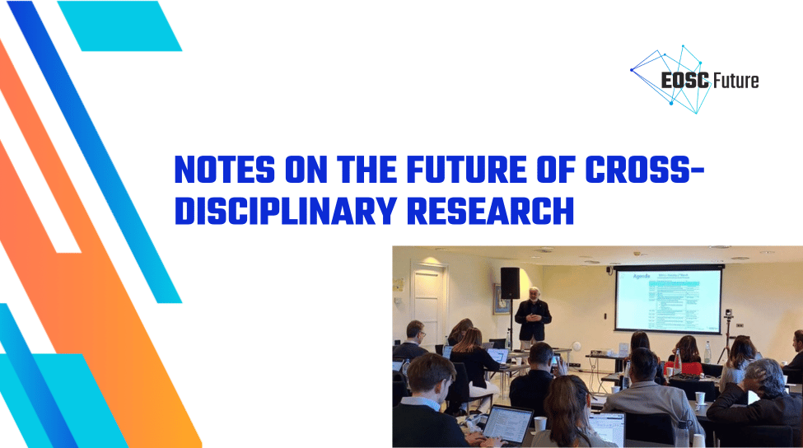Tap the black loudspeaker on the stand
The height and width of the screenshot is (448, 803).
pos(511,282)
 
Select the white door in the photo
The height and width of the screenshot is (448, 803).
pos(431,296)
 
